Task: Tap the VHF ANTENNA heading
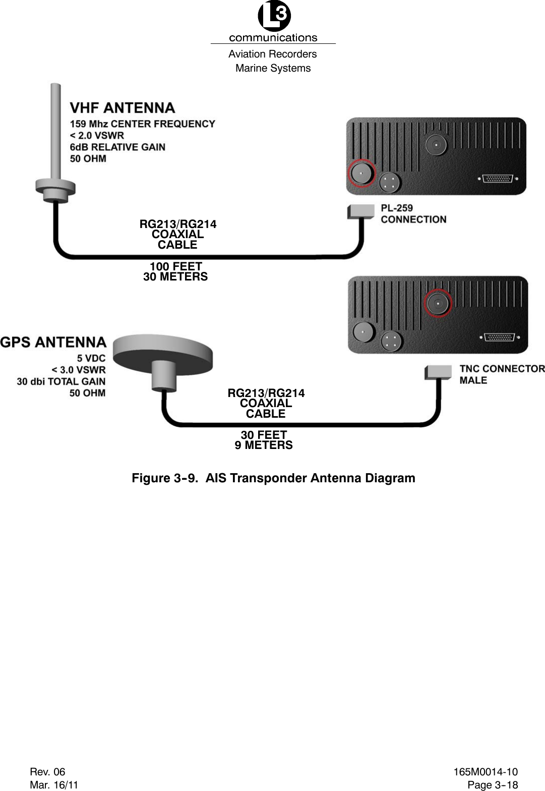pos(123,108)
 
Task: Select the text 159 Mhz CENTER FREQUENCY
pos(142,124)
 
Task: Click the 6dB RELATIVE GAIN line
pos(117,147)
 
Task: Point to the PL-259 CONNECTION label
pos(413,213)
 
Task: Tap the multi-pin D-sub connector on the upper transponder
pos(498,179)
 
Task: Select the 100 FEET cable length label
pos(175,266)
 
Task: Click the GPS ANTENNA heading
pos(53,343)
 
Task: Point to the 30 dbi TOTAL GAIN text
pos(61,381)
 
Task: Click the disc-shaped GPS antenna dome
pos(162,354)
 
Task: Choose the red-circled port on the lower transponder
pos(438,303)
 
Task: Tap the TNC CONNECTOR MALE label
pos(501,374)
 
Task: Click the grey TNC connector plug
pos(438,372)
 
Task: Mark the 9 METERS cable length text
pos(264,445)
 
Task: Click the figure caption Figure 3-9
pos(273,478)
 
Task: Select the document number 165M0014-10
pos(485,771)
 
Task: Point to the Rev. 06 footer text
pos(47,771)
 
